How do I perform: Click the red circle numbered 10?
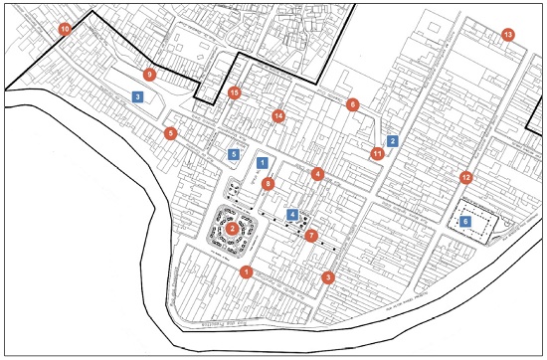(x=66, y=30)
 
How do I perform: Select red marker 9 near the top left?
(x=149, y=75)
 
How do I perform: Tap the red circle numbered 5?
(x=171, y=133)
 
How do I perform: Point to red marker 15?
(x=235, y=93)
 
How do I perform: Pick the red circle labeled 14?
(x=278, y=116)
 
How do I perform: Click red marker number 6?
(x=352, y=104)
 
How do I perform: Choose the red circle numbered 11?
(x=377, y=153)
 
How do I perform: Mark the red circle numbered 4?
(x=317, y=174)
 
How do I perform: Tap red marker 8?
(x=267, y=183)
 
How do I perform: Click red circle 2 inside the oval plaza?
(x=232, y=229)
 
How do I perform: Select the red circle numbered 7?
(x=311, y=236)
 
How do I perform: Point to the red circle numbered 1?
(x=246, y=271)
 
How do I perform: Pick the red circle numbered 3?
(x=328, y=277)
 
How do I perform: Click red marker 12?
(x=465, y=178)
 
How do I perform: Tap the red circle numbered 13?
(x=508, y=36)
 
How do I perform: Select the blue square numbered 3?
(x=138, y=96)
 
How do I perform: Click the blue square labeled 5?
(x=234, y=154)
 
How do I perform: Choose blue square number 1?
(x=262, y=161)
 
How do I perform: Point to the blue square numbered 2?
(x=393, y=141)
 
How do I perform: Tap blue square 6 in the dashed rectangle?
(x=465, y=221)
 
